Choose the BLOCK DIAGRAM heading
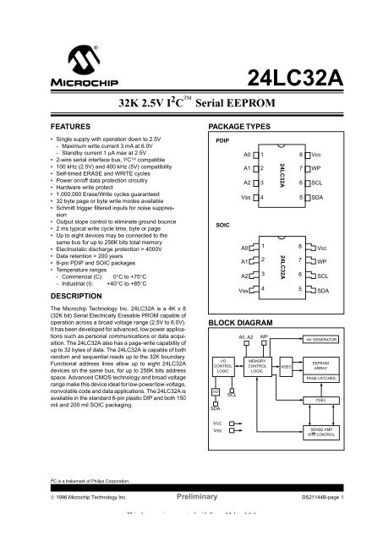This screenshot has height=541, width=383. click(237, 323)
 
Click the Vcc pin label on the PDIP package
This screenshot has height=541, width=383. click(340, 157)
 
